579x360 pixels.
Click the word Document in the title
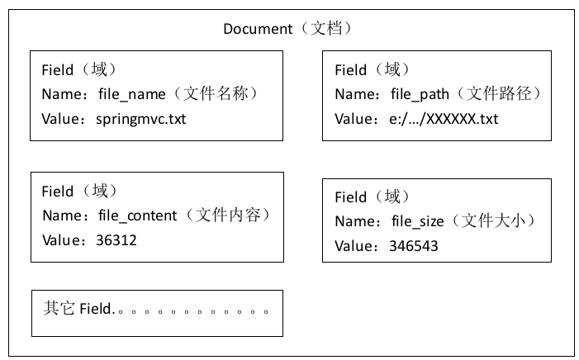tap(258, 29)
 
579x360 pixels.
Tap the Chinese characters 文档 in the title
tap(326, 28)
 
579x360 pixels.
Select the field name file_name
tap(132, 94)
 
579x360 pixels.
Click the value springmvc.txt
tap(141, 119)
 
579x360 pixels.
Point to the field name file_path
tap(420, 94)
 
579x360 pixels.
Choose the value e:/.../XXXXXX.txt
tap(444, 119)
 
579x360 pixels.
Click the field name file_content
tap(138, 216)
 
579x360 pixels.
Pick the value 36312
tap(116, 240)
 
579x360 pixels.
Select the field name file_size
tap(418, 221)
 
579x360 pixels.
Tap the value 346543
tap(414, 246)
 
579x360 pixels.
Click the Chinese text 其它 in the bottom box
tap(59, 308)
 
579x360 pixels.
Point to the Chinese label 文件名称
tap(216, 93)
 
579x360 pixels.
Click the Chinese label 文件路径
tap(499, 93)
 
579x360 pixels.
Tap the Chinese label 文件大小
tap(493, 220)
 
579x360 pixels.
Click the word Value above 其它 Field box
tap(61, 240)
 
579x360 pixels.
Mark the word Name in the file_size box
tap(354, 221)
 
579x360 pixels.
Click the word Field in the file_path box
tap(350, 70)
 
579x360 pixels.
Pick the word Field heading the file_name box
tap(57, 70)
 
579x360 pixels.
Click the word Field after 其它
tap(95, 309)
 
